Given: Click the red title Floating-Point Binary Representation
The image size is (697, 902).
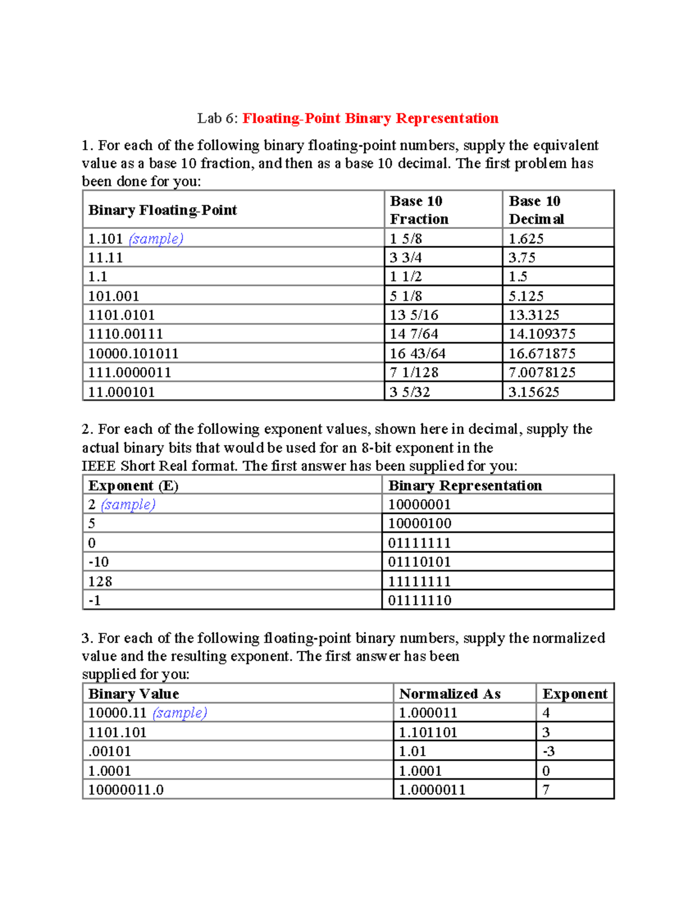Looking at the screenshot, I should click(x=370, y=118).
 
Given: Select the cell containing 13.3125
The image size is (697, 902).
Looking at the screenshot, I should click(x=534, y=315).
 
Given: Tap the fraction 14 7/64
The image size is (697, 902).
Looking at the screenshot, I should click(x=414, y=334).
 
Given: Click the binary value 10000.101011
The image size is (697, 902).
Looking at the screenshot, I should click(x=133, y=353).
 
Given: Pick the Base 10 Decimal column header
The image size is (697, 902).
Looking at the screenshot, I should click(x=536, y=210).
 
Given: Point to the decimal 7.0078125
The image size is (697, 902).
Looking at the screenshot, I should click(x=541, y=372).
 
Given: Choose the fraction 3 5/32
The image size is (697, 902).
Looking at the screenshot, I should click(x=409, y=391).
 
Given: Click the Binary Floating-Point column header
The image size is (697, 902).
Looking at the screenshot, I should click(x=163, y=210).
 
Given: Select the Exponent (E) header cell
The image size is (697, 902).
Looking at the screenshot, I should click(x=133, y=486).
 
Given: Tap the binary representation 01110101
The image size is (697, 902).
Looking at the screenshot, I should click(x=419, y=562).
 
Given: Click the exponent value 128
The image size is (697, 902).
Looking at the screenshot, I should click(x=100, y=581).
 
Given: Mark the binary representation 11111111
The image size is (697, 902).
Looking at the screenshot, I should click(x=419, y=581).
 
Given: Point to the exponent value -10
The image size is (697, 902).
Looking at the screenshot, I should click(x=98, y=562).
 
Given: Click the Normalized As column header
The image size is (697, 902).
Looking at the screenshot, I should click(x=450, y=693).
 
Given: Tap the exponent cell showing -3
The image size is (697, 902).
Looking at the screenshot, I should click(x=548, y=751).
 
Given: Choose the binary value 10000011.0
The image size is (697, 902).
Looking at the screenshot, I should click(x=125, y=789).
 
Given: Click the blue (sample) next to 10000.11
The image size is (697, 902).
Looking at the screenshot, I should click(x=179, y=713).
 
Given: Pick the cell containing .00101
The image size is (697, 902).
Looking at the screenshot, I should click(x=109, y=751).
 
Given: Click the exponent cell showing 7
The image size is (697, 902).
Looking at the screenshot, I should click(x=546, y=789).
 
